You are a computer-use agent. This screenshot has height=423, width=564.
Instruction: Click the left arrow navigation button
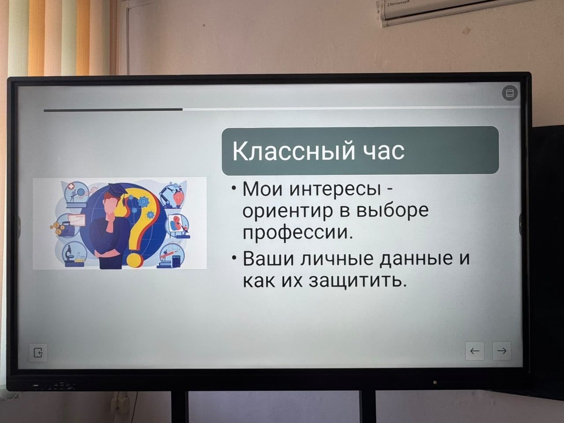[475, 351]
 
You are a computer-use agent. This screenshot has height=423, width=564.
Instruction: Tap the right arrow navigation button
[501, 351]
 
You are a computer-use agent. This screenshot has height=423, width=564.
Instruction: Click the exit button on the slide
[38, 352]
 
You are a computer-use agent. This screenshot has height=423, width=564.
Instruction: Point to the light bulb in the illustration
[178, 199]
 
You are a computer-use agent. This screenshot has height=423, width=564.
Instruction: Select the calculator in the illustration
[176, 261]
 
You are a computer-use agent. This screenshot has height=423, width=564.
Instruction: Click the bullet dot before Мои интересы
[234, 188]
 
